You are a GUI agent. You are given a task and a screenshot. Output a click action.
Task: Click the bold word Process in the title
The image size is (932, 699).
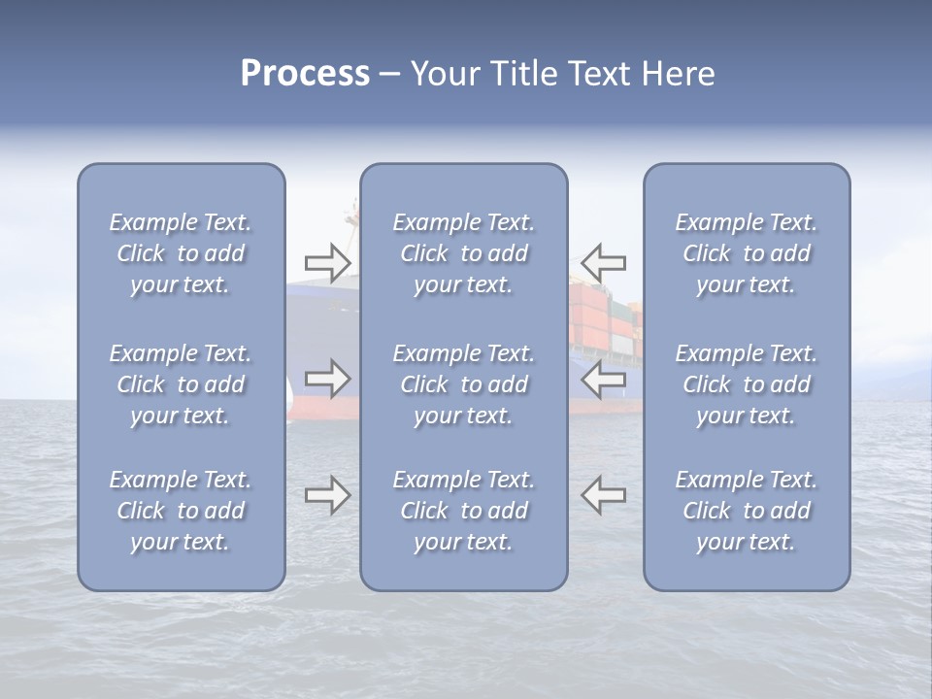(305, 74)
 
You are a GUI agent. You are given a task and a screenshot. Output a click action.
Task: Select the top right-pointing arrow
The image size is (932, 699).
(328, 262)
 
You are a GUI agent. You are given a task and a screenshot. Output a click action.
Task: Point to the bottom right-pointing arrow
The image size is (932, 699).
(328, 495)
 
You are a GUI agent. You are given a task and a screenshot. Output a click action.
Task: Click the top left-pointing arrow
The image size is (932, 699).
(604, 262)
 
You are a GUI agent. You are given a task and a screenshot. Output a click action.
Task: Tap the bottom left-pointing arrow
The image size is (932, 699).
(604, 495)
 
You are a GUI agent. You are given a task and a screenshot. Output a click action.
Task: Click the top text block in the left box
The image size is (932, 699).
(181, 253)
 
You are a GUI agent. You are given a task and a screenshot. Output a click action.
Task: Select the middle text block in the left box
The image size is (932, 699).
(181, 384)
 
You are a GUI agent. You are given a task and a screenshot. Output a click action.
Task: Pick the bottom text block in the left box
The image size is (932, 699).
(181, 511)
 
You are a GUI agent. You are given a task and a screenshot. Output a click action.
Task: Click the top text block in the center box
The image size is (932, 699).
(464, 253)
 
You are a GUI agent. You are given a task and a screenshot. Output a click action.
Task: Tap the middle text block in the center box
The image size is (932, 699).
(464, 384)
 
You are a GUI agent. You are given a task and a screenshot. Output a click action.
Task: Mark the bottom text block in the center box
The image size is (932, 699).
(464, 511)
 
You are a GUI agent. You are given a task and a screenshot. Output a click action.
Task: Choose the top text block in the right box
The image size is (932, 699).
(747, 253)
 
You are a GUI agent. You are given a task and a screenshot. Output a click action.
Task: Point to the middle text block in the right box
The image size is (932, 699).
(747, 384)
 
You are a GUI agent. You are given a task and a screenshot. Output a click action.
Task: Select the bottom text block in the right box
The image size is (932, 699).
(747, 511)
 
